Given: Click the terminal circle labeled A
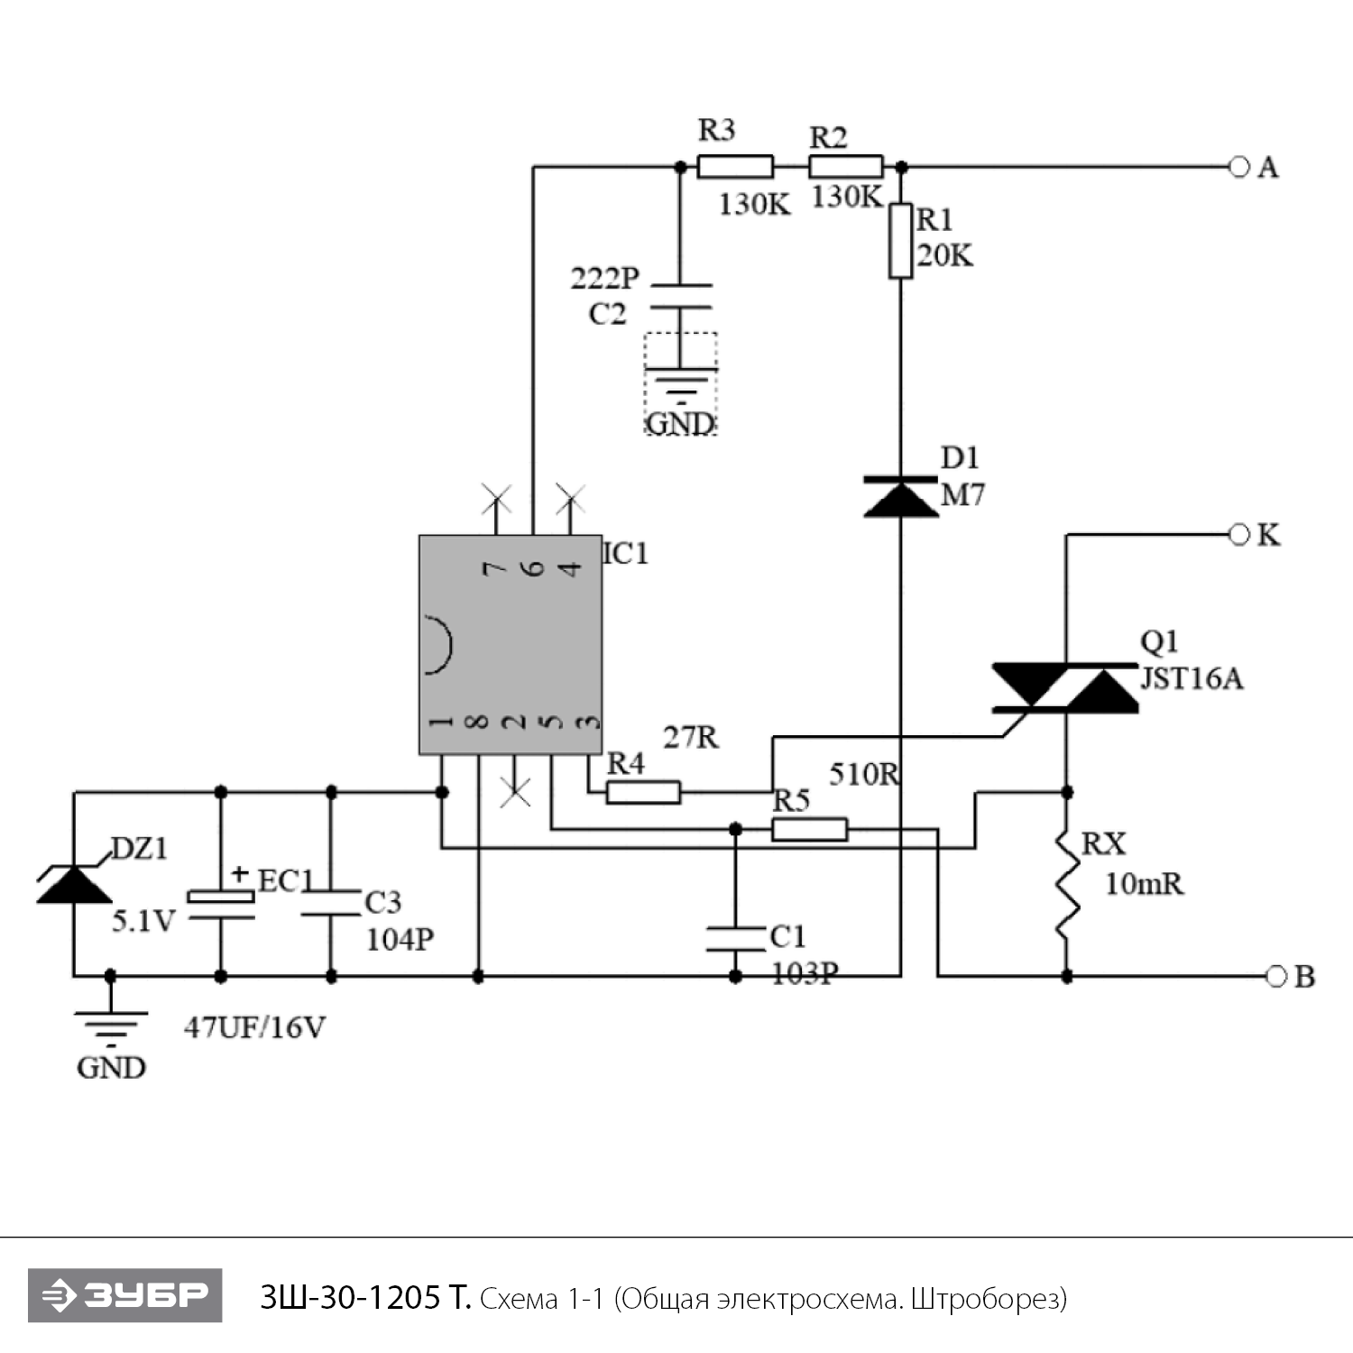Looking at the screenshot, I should click(x=1239, y=167).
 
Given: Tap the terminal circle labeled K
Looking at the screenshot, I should click(x=1239, y=535).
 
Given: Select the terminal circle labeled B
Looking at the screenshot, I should click(x=1275, y=976).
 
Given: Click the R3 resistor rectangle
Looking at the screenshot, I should click(x=735, y=167).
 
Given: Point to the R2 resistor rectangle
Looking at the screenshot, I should click(x=845, y=167).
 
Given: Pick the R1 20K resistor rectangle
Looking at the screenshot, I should click(x=900, y=241).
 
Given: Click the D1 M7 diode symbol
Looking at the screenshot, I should click(x=900, y=497).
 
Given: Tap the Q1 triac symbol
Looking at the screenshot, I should click(x=1065, y=688).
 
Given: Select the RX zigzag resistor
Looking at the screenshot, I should click(x=1067, y=884).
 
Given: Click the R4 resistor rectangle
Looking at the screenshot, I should click(x=643, y=793).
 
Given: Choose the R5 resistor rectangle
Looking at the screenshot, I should click(x=809, y=829).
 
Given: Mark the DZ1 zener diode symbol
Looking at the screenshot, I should click(x=74, y=883).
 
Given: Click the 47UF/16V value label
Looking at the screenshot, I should click(x=254, y=1027).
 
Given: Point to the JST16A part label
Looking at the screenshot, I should click(x=1192, y=678).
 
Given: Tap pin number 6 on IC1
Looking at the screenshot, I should click(x=534, y=568).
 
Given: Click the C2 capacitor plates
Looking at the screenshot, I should click(x=681, y=297).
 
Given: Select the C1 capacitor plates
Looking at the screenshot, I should click(x=735, y=938).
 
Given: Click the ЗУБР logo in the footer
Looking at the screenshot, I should click(x=125, y=1295).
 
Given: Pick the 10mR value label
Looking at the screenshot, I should click(x=1144, y=884).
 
